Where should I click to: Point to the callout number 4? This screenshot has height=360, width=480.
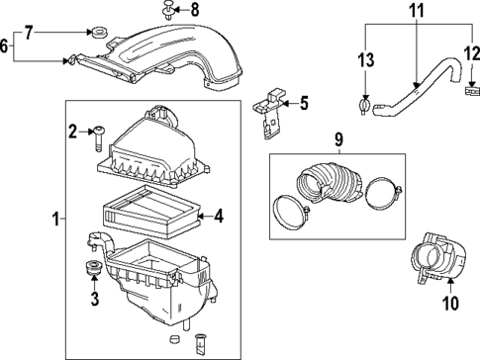tap(219, 214)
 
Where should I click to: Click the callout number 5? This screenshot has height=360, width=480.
tap(303, 101)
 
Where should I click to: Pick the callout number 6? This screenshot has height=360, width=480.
tap(6, 45)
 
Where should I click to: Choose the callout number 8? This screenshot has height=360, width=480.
tap(194, 11)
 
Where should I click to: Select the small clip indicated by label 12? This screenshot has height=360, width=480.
tap(470, 91)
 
